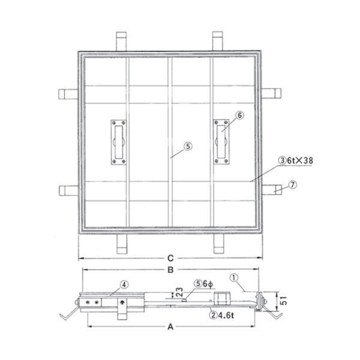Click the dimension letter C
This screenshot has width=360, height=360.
click(x=170, y=258)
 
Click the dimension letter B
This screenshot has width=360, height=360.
click(x=170, y=269)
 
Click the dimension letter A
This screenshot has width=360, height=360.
click(x=170, y=326)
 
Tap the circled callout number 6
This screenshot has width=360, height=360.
click(x=239, y=115)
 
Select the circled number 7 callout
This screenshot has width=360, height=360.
click(x=292, y=185)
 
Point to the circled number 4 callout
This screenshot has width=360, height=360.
click(x=124, y=285)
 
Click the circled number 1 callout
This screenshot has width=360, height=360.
click(x=234, y=278)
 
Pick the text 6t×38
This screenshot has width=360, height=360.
click(x=300, y=160)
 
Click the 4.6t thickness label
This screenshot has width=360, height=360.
click(x=226, y=315)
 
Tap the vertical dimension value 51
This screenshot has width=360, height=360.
click(x=284, y=301)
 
